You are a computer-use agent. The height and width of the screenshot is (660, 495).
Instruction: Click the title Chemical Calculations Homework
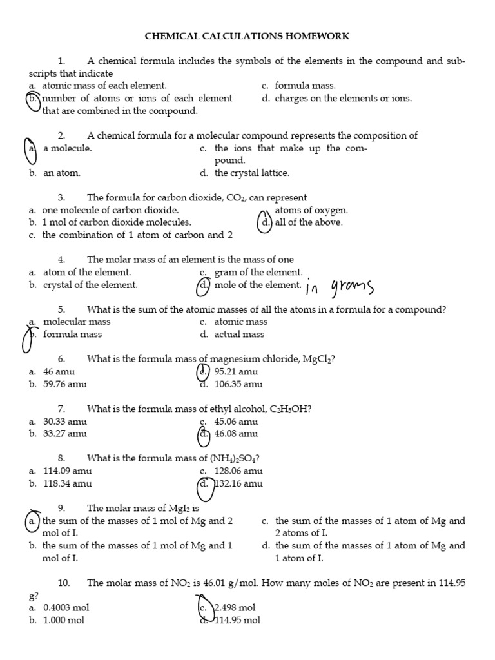pos(247,36)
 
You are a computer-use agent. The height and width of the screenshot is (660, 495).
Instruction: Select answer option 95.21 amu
pos(236,372)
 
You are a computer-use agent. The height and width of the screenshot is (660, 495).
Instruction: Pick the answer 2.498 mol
pos(235,607)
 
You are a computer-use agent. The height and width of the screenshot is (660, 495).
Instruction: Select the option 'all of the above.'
pos(309,222)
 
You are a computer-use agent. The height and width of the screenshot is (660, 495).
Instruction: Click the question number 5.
pos(62,309)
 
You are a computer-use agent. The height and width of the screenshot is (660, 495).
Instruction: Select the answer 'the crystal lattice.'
pos(251,173)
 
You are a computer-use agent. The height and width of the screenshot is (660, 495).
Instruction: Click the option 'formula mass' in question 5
pos(72,334)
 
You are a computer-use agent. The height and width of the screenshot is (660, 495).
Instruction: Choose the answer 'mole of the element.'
pos(257,285)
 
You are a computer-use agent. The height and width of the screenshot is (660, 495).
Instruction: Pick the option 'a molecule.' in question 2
pos(67,148)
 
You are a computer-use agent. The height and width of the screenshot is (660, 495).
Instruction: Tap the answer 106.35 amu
pos(238,384)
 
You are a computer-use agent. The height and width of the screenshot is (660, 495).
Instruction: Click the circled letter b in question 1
pos(33,99)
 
